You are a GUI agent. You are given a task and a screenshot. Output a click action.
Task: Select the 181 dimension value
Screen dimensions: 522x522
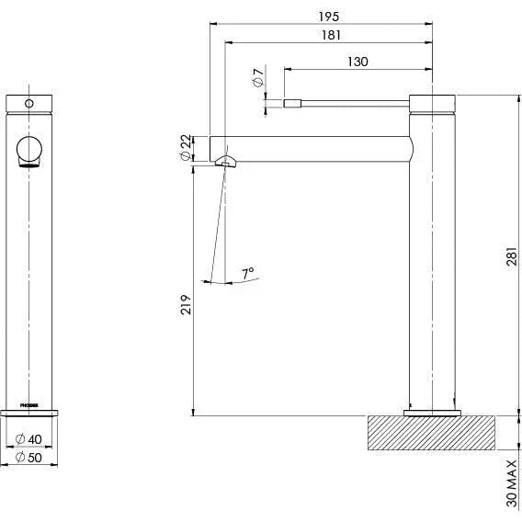(x=333, y=35)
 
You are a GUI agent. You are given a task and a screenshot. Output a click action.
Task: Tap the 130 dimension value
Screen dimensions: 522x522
(x=359, y=62)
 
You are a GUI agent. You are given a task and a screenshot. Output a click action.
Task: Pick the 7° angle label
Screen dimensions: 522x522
(x=248, y=273)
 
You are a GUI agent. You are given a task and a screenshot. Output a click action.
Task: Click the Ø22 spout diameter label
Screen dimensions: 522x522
(x=186, y=146)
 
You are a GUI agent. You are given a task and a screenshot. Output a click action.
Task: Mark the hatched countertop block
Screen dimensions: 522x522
(x=431, y=433)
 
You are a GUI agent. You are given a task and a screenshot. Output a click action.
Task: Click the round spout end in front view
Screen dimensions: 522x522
(x=31, y=150)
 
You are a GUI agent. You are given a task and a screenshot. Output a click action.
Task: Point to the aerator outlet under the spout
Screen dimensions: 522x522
(x=226, y=163)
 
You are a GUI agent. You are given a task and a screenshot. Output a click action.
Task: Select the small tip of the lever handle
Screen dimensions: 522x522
(x=291, y=103)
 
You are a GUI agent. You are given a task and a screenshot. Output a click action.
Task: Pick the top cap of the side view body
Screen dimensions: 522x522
(x=431, y=102)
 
